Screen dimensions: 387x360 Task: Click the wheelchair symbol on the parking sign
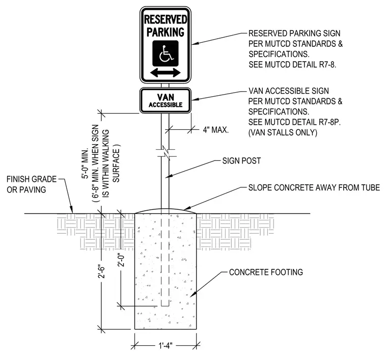pos(165,53)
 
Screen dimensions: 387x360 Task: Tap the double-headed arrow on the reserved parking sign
pos(165,72)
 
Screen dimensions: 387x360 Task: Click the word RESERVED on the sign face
pos(165,19)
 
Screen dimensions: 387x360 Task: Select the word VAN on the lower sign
pos(165,97)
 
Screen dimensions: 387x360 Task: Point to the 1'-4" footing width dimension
pos(165,345)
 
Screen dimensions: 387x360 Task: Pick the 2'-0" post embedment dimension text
pos(121,260)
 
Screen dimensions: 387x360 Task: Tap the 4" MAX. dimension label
pos(216,130)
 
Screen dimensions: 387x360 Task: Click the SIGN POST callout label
pos(241,161)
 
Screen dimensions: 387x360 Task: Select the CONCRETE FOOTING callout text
pos(266,272)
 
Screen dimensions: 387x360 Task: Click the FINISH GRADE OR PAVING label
pos(32,184)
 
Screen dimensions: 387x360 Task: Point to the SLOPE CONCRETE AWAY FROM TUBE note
pos(314,187)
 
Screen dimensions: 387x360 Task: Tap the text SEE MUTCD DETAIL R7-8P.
pos(294,122)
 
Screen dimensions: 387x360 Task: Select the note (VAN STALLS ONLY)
pos(283,132)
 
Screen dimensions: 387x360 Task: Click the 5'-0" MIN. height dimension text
pos(85,163)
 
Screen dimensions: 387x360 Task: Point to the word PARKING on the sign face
pos(165,32)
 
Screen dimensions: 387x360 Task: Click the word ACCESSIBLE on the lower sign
pos(165,105)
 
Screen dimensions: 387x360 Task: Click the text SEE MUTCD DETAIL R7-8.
pos(292,65)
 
